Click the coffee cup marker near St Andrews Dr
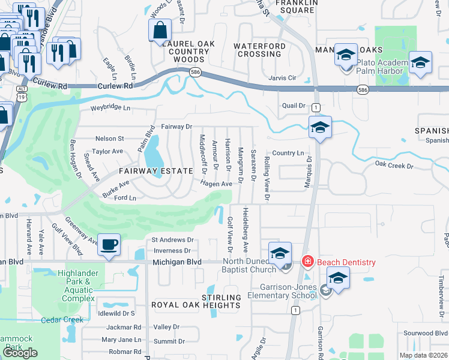click(109, 245)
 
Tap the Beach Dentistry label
click(346, 262)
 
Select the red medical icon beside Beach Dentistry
click(307, 262)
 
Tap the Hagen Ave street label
click(216, 184)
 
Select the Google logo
click(20, 353)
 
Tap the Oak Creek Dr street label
click(394, 165)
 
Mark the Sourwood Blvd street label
click(426, 333)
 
